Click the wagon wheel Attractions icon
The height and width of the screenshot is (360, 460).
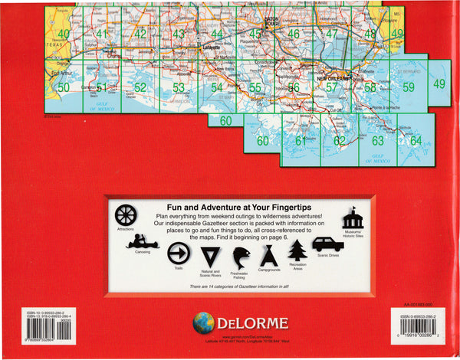point(126,214)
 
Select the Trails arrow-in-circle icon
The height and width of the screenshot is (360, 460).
point(178,253)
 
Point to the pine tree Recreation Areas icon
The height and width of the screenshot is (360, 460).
point(297,250)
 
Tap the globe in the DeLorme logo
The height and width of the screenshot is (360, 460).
point(203,322)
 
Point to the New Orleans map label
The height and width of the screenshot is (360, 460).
point(334,78)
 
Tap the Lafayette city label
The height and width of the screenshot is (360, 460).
point(202,47)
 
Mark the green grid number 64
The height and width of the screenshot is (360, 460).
point(416,140)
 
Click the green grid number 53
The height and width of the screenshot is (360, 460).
point(178,88)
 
